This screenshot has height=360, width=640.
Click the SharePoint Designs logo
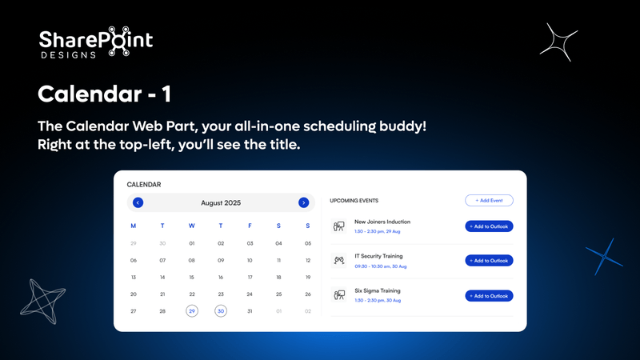(96, 43)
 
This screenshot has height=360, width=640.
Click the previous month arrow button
(138, 202)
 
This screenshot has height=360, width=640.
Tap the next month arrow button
(303, 202)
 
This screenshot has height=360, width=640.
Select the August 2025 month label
(221, 202)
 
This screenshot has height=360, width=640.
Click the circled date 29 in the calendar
(191, 311)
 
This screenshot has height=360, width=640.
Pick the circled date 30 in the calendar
(221, 311)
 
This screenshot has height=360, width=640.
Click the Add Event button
(489, 201)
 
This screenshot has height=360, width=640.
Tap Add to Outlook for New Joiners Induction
(489, 226)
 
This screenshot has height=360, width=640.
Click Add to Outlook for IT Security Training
(489, 261)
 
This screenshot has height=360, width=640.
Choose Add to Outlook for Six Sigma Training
(489, 295)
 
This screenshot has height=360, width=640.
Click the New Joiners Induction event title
(382, 222)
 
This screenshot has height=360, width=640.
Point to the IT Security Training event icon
(338, 260)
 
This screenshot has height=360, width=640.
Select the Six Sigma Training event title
(378, 290)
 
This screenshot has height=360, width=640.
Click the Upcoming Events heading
(354, 201)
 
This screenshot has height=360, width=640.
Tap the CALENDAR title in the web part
(144, 185)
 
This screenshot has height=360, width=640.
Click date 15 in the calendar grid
(191, 277)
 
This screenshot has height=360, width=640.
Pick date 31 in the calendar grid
(250, 311)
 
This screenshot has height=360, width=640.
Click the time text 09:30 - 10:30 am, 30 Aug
(381, 266)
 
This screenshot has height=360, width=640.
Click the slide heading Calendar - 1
(104, 94)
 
